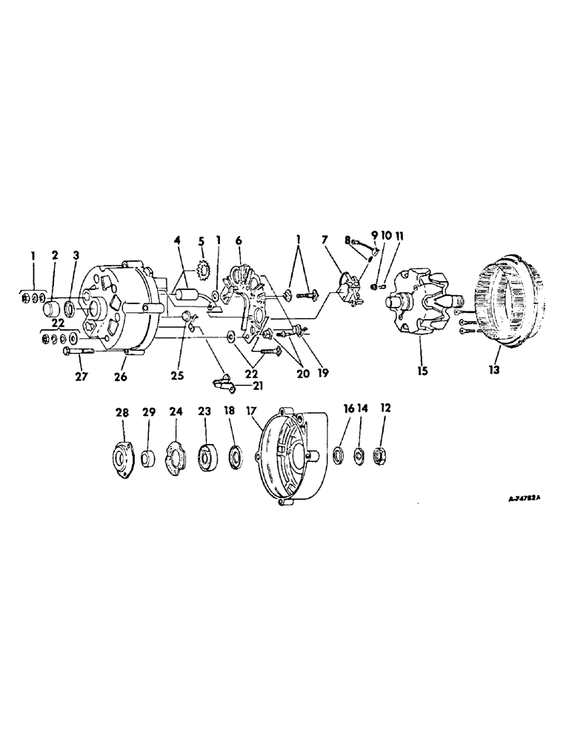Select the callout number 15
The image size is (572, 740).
pyautogui.click(x=422, y=369)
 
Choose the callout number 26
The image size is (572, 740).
pyautogui.click(x=121, y=376)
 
